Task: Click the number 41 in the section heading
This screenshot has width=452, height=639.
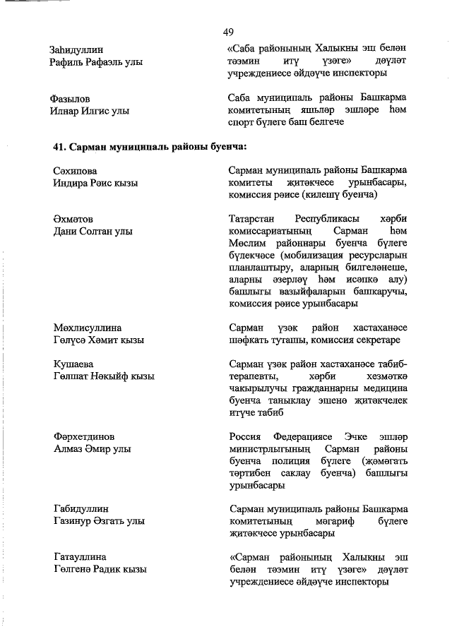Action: tap(60, 146)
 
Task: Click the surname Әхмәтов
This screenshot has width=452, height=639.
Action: tap(73, 218)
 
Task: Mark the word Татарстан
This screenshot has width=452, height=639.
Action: tap(253, 218)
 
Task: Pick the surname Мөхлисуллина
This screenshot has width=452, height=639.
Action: tap(88, 328)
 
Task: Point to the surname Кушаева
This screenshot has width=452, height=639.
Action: tap(74, 364)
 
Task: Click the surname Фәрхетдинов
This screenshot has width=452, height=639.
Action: tap(84, 436)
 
